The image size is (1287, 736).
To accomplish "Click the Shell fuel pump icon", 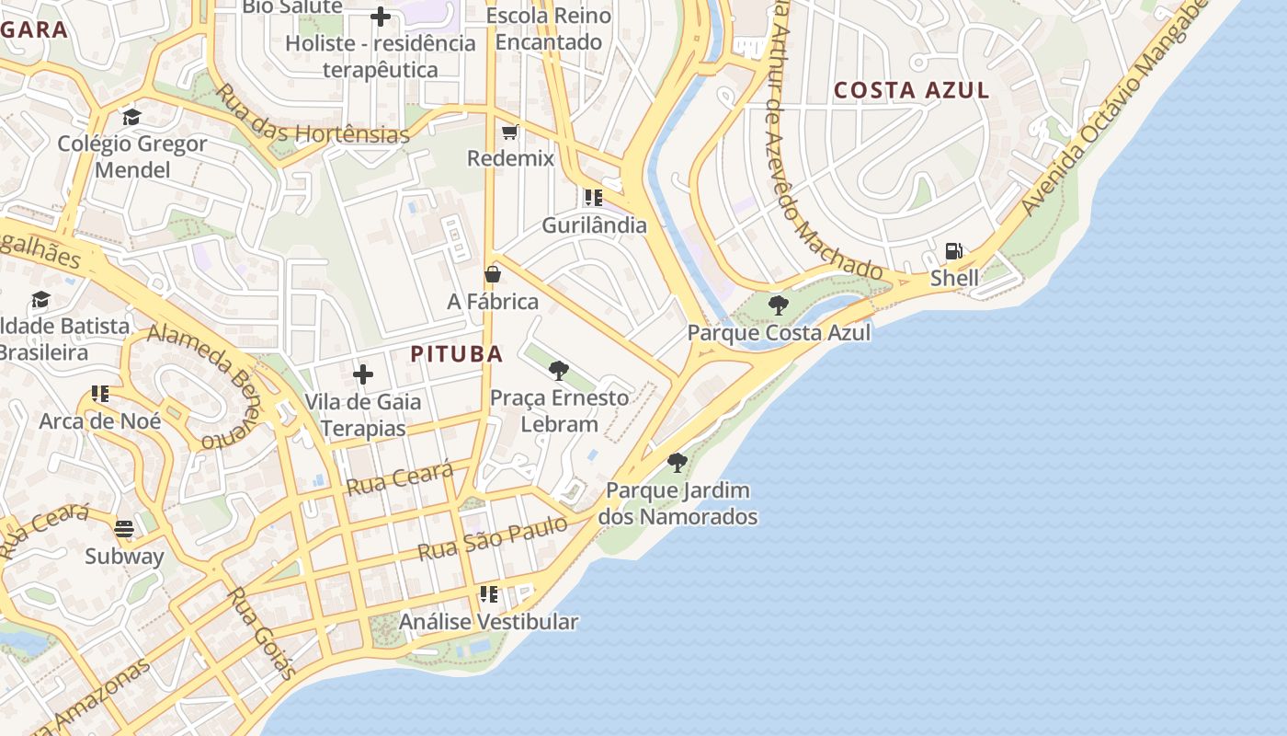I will [x=953, y=251].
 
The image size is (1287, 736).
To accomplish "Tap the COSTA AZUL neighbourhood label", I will [x=911, y=90].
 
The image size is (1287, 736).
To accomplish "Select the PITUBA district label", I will [x=457, y=354].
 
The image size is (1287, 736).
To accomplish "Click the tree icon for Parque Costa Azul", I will [x=779, y=305].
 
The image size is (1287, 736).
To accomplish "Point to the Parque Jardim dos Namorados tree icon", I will [x=678, y=463].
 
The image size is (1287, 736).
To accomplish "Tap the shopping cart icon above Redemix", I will [x=510, y=132].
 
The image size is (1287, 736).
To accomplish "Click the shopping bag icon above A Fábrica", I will [x=493, y=274].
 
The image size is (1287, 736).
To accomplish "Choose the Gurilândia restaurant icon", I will [x=593, y=198].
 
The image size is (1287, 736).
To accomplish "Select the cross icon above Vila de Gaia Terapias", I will [x=363, y=374].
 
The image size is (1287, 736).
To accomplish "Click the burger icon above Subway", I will [x=124, y=529].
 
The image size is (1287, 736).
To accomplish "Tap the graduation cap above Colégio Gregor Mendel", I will [x=131, y=117].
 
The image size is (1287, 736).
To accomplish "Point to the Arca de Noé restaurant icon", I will [x=100, y=394].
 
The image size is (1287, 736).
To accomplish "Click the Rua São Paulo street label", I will [x=493, y=538].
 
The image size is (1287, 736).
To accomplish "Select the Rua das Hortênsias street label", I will [x=312, y=116].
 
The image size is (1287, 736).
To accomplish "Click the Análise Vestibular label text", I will [x=488, y=622].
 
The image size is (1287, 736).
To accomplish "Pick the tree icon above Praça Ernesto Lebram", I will [x=558, y=371].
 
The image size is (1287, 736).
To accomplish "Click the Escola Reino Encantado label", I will [x=549, y=29].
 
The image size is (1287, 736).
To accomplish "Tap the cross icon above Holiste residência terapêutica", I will [x=381, y=16].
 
